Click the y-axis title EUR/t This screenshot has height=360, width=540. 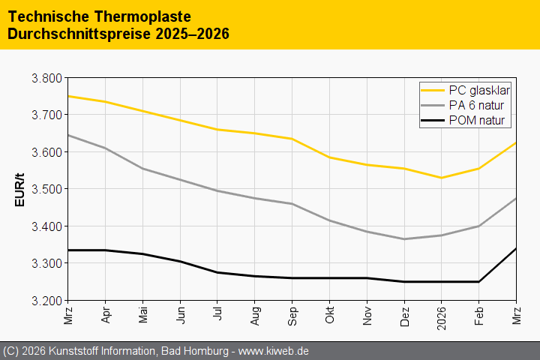click(x=20, y=190)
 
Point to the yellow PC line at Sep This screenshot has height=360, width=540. click(x=292, y=139)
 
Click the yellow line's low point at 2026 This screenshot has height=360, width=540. click(x=441, y=178)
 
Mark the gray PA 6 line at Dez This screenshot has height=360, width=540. click(x=404, y=239)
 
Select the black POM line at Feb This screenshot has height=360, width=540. click(x=478, y=282)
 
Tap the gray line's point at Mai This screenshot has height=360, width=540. click(x=142, y=169)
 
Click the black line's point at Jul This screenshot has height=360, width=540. click(x=217, y=272)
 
